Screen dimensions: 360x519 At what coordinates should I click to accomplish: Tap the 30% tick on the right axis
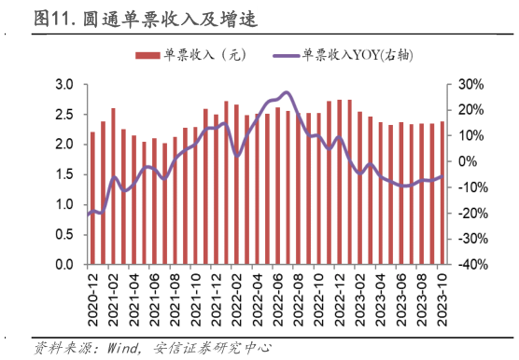point(472,85)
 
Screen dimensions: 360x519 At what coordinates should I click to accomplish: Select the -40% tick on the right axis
point(470,265)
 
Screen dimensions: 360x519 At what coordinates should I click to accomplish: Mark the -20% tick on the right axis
point(470,214)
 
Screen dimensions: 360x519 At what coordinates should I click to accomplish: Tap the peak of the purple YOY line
point(286,92)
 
